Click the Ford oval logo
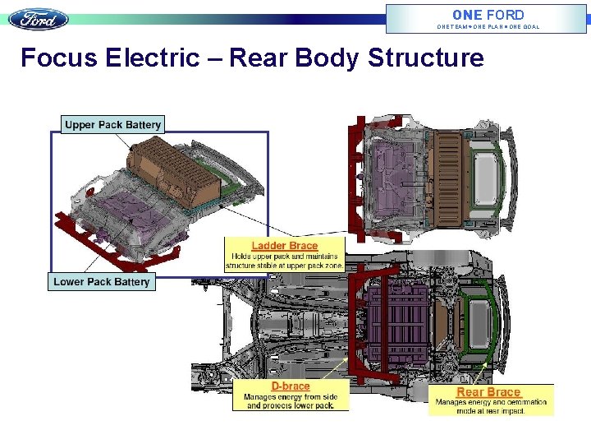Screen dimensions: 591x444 [x=39, y=19]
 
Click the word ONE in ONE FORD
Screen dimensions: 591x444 [x=467, y=14]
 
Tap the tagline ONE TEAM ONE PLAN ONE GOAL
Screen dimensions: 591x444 [x=488, y=27]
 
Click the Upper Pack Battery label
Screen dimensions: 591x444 [x=113, y=125]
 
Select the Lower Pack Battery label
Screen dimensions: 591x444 [x=102, y=281]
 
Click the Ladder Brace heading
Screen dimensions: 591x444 [x=285, y=246]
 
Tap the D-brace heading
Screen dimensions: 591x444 [x=291, y=386]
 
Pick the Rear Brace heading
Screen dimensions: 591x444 [x=488, y=392]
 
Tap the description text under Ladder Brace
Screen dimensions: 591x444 [x=285, y=261]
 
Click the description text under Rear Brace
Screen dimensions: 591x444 [x=491, y=406]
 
